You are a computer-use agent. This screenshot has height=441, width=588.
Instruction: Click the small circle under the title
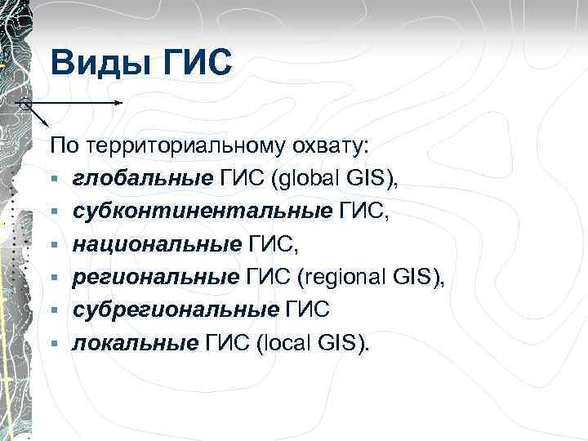[25, 105]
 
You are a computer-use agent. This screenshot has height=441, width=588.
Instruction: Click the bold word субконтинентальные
[202, 212]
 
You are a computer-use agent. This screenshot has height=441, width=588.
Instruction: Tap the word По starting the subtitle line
[62, 147]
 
